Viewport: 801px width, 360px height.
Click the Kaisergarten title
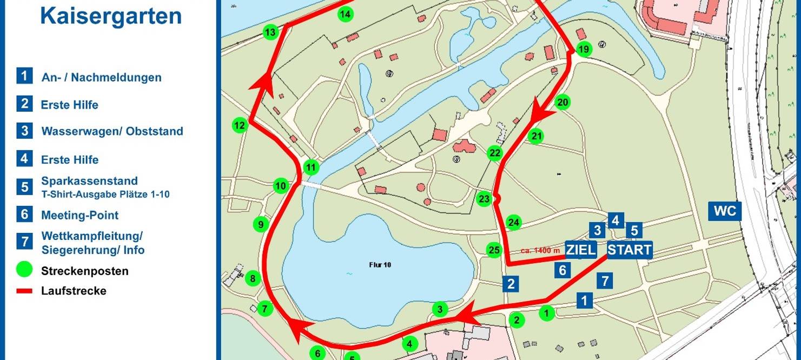click(x=111, y=16)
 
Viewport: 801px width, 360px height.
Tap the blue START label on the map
click(x=629, y=250)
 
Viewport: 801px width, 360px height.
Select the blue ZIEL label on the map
click(x=581, y=250)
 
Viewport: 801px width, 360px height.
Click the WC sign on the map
click(x=725, y=211)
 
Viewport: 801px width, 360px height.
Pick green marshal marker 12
click(x=240, y=126)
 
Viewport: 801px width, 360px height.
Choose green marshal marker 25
click(x=494, y=250)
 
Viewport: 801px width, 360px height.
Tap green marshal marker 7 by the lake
click(x=264, y=309)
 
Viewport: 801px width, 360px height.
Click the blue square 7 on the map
click(x=605, y=281)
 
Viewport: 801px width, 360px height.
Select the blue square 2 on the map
click(x=511, y=283)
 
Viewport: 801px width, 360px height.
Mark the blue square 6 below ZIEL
click(x=562, y=270)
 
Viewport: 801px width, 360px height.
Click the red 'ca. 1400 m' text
click(x=540, y=250)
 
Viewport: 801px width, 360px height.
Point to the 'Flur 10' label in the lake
click(x=379, y=265)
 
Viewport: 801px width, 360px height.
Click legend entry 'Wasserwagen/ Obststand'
click(x=112, y=131)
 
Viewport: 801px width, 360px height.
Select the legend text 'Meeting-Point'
click(x=80, y=215)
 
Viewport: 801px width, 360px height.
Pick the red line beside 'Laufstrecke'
click(x=25, y=291)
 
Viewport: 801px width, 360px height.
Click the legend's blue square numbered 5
click(x=25, y=187)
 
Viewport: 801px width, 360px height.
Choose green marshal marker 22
click(x=495, y=153)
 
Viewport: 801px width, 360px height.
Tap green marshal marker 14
click(x=345, y=14)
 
